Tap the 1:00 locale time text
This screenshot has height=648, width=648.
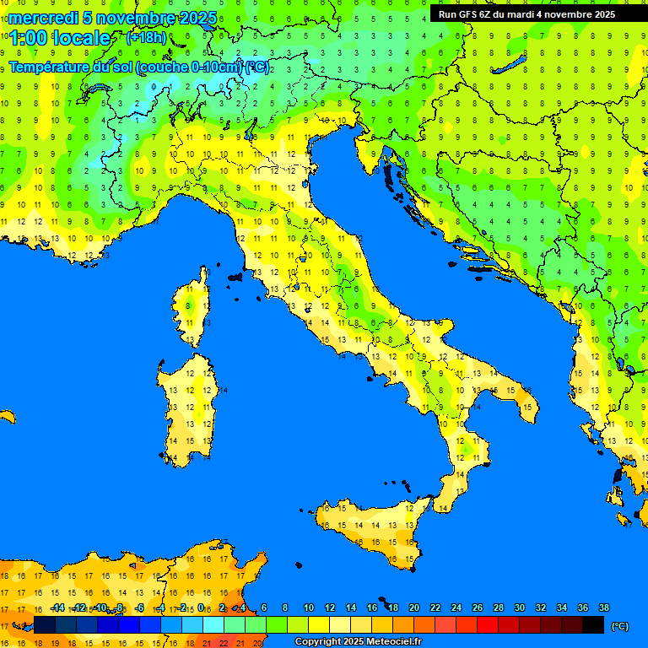coord(60,38)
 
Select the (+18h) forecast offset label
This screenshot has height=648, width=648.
coord(146,38)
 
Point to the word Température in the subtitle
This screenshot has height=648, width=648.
coord(51,67)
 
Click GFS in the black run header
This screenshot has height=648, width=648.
coord(469,14)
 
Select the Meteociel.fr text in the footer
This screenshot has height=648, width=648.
coord(389,642)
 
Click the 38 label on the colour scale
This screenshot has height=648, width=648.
coord(603,607)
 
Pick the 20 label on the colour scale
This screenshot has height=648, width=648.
coord(413,607)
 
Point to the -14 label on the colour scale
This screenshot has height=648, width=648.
coord(57,607)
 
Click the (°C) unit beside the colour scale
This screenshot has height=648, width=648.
coord(619,625)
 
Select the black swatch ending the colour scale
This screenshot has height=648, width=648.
coord(593,624)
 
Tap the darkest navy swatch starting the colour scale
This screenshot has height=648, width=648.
coord(45,624)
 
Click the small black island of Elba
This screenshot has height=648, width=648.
coord(235,276)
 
